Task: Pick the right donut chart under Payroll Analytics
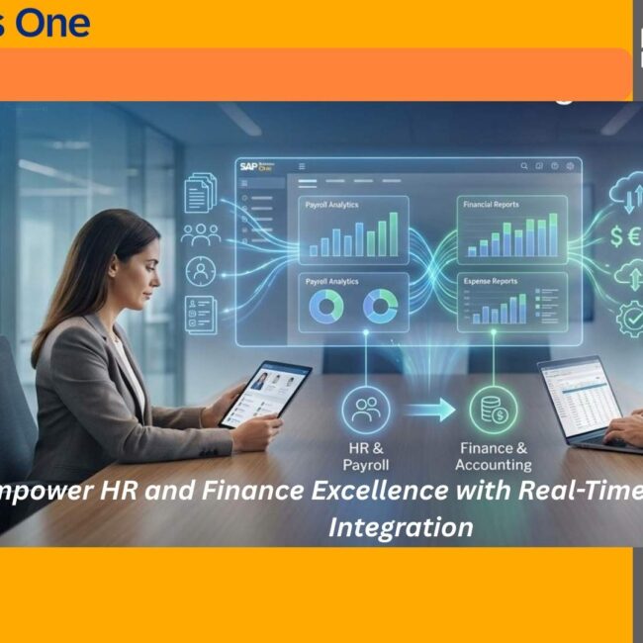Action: tap(380, 308)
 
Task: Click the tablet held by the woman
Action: tap(265, 393)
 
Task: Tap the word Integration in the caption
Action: tap(400, 526)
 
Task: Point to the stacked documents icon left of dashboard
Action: tap(201, 191)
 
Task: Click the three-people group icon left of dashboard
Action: tap(201, 233)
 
